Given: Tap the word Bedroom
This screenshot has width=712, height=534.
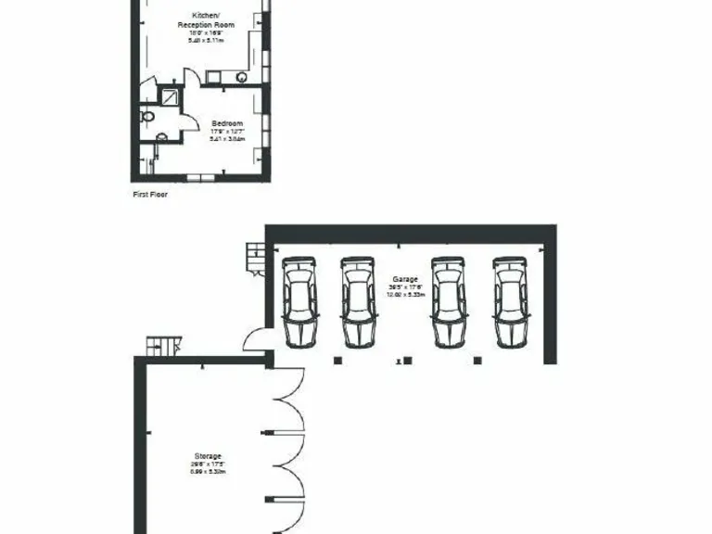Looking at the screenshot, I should (x=227, y=124).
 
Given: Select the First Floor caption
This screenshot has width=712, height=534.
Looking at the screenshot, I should (x=151, y=196).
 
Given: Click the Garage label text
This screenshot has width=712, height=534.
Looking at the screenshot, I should (x=405, y=278).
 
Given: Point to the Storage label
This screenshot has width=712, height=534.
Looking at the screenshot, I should (x=209, y=456).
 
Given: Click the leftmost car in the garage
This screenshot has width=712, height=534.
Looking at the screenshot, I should (x=299, y=301).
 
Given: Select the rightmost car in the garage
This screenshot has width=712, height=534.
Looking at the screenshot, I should (x=510, y=301).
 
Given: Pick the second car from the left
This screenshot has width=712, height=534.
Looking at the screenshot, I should (x=358, y=301).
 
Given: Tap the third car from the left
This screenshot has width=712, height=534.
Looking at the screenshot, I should (x=448, y=301).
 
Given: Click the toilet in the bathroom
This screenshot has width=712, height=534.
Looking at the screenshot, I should (x=146, y=117).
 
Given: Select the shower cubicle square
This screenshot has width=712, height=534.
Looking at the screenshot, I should (x=171, y=97).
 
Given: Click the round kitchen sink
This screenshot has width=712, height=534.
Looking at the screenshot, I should (x=243, y=78).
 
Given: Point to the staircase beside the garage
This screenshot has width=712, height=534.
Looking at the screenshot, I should (x=254, y=257).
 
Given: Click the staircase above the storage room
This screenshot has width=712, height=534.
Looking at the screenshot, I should (x=160, y=346).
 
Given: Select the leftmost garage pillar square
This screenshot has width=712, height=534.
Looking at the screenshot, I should (x=337, y=360).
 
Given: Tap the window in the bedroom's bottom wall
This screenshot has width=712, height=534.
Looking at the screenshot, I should (x=200, y=176).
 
